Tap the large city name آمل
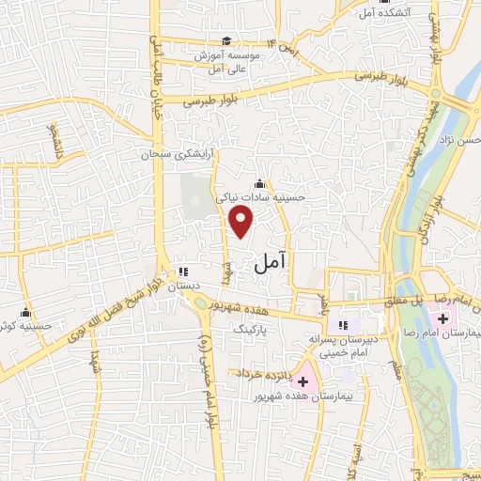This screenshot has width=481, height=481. (x=271, y=265)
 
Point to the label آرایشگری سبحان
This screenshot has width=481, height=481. (x=174, y=153)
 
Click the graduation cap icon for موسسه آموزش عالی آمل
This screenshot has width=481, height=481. (x=226, y=40)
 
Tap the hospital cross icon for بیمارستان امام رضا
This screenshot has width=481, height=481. (x=442, y=318)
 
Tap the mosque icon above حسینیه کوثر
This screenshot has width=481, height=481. (x=25, y=313)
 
